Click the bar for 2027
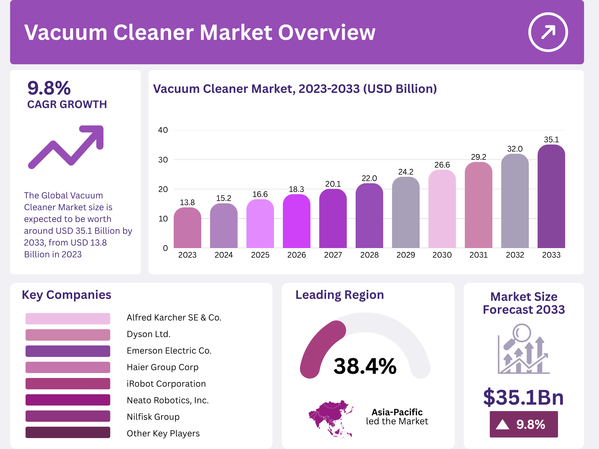pos(333,219)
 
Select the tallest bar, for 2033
pos(551,196)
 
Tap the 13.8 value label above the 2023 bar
pos(187,202)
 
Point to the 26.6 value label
pos(442,165)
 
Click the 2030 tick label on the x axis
pos(442,255)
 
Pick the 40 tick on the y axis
pos(163,130)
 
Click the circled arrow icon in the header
pos(548,32)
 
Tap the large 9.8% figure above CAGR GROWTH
pos(49,88)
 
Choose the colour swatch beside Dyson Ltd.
pos(68,335)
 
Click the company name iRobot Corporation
pos(166,384)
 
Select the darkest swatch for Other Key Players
pos(68,432)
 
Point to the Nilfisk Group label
pos(153,417)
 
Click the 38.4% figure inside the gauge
pos(365,366)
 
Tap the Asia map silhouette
pos(330,418)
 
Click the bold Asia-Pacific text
pos(397,412)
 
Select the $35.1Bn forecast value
pos(523,397)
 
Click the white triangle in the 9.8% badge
pos(502,424)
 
